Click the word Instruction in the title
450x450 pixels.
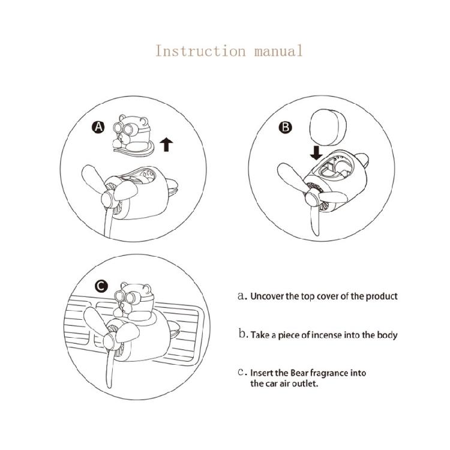click(200, 51)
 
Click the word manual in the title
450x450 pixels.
click(278, 51)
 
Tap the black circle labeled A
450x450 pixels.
click(98, 127)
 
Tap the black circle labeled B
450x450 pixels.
click(285, 127)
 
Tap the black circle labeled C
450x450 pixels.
click(101, 286)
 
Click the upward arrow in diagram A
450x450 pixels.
click(166, 145)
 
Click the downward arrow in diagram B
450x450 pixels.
click(316, 153)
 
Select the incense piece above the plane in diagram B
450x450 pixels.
click(328, 127)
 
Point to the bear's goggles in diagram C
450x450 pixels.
click(126, 297)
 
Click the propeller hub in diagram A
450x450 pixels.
click(109, 199)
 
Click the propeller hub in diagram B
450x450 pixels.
click(312, 199)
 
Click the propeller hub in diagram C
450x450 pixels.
click(110, 341)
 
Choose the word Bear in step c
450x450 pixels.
click(299, 373)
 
